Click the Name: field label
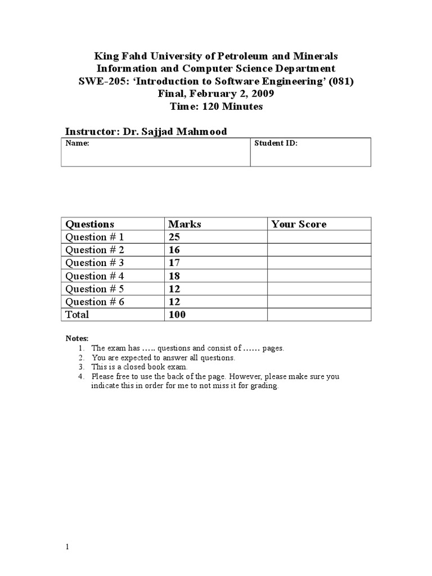coord(78,143)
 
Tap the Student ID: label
coord(276,143)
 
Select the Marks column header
coord(184,224)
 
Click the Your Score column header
coord(298,224)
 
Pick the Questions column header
coord(89,224)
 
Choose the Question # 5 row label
coord(94,289)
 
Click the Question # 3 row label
coord(94,263)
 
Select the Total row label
coord(77,314)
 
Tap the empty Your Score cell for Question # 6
coord(318,301)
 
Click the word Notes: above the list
coord(77,338)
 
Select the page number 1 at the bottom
coord(67,548)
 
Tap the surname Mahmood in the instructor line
coord(202,131)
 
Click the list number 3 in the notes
coord(81,367)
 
